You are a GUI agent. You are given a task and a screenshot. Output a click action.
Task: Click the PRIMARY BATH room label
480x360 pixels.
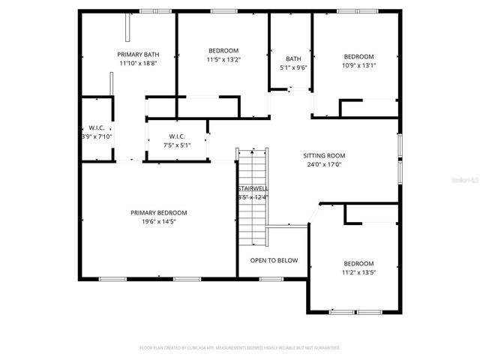tap(137, 54)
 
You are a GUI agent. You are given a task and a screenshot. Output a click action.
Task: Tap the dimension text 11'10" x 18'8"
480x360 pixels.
tap(137, 64)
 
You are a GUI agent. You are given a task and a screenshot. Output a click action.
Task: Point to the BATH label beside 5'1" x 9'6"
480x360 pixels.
tap(293, 58)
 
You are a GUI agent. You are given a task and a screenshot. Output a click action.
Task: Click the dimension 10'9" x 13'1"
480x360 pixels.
tap(358, 65)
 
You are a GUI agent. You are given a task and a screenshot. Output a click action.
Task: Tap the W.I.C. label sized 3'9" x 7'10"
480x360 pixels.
tap(96, 127)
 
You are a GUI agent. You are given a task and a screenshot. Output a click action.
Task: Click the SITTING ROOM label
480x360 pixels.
tap(324, 156)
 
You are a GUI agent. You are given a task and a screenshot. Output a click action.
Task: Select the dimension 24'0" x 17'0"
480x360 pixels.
tap(324, 165)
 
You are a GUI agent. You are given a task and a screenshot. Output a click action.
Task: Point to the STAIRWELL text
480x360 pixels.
tap(253, 188)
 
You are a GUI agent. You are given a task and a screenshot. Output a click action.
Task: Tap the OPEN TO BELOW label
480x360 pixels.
tap(274, 260)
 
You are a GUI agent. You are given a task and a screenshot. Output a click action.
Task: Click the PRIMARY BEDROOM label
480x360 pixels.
tap(158, 213)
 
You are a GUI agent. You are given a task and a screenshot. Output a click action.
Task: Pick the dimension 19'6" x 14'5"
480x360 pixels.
tap(158, 222)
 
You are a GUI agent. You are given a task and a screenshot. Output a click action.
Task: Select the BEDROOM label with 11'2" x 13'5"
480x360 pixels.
tap(358, 263)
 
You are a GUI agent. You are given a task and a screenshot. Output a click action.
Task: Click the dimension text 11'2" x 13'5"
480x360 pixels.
tap(358, 273)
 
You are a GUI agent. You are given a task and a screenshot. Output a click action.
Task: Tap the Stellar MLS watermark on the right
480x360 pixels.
tap(465, 181)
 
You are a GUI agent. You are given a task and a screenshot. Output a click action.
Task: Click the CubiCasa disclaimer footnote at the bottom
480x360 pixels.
tap(240, 348)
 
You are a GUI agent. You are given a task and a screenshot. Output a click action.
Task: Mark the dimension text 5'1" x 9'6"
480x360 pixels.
tap(293, 67)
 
